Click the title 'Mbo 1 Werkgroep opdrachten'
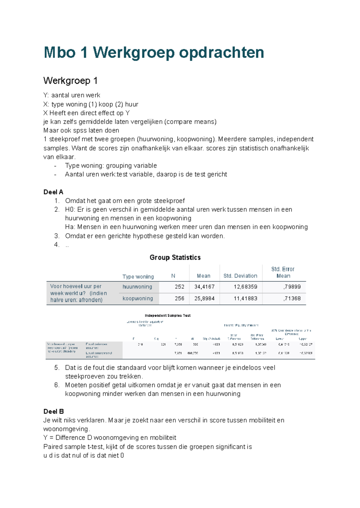154,53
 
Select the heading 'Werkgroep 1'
70,81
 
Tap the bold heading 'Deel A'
53,192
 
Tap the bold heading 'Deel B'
53,411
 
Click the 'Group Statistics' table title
175,257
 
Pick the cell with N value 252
179,287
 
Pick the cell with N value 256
179,298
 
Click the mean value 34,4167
204,287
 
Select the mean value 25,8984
204,298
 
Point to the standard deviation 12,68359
245,287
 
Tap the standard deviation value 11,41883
245,298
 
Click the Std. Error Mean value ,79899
292,287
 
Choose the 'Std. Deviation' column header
240,276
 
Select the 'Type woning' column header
138,276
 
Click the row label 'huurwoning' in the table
137,287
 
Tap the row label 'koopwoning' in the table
138,298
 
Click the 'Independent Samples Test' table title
168,315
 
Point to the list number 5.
57,368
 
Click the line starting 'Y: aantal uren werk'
72,95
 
